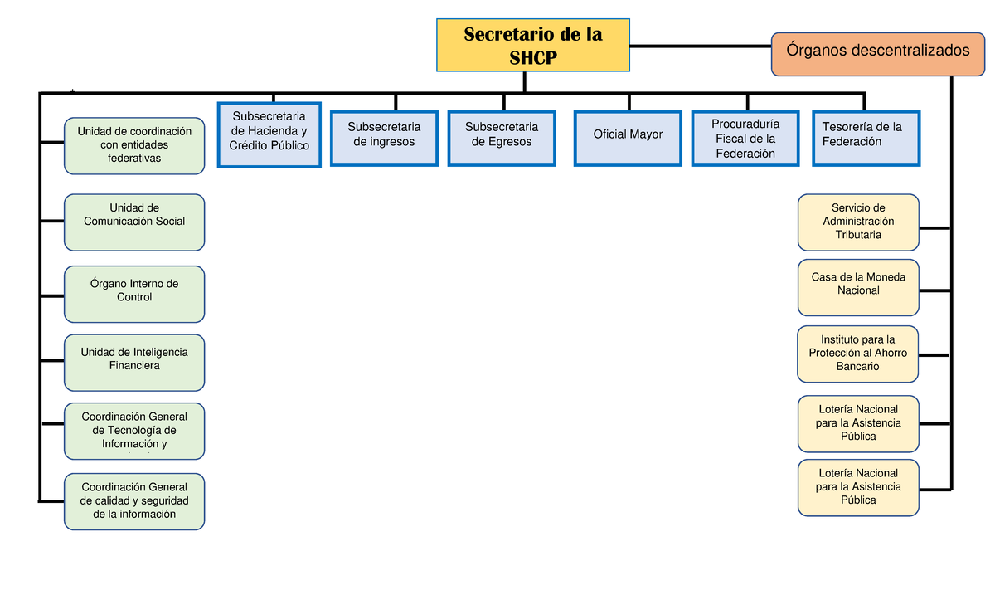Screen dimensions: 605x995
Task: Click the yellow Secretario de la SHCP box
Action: point(533,45)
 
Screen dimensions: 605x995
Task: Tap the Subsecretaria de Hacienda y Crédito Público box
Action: point(269,134)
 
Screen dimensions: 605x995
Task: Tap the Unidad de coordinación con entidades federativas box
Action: point(134,145)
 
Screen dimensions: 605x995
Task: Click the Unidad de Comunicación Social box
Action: point(134,222)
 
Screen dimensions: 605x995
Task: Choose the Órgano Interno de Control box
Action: point(134,293)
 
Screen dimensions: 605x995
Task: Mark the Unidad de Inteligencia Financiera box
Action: point(134,362)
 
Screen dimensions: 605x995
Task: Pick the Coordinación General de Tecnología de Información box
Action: point(134,431)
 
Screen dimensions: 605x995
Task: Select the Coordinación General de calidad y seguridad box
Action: point(134,501)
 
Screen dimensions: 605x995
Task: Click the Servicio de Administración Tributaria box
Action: point(858,222)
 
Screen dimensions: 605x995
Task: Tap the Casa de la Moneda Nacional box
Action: point(858,287)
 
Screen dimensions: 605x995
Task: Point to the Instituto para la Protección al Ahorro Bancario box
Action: point(858,354)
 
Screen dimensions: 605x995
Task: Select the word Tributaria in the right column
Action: point(858,235)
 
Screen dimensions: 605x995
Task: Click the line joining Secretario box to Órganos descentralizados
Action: point(701,46)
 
